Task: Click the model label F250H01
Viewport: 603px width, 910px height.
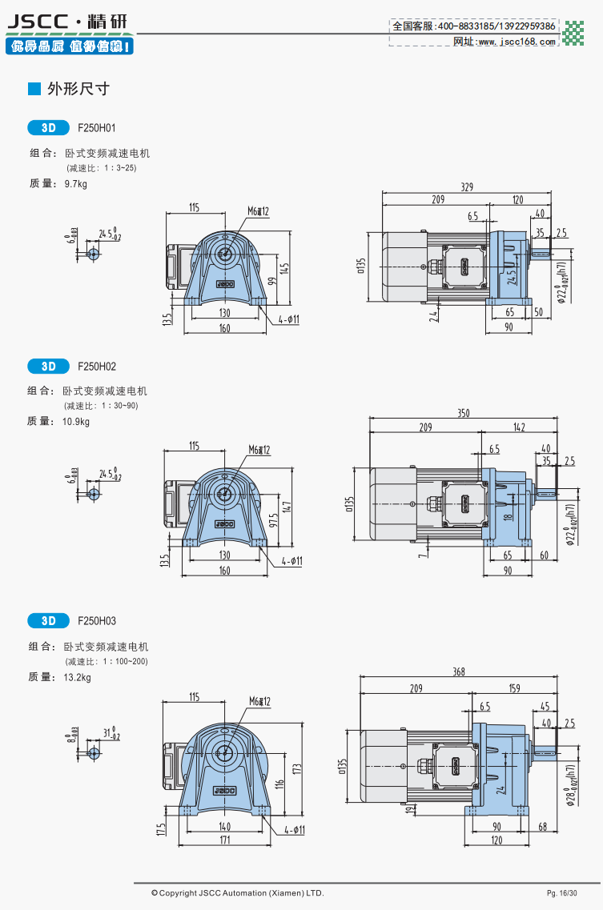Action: click(97, 128)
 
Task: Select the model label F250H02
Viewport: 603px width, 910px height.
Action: click(97, 367)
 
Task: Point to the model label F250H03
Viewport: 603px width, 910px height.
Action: click(97, 621)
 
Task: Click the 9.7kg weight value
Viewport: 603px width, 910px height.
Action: click(75, 184)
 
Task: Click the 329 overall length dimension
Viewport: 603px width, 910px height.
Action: click(467, 187)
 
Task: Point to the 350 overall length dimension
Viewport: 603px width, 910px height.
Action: click(464, 413)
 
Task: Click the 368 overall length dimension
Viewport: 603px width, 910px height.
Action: click(458, 672)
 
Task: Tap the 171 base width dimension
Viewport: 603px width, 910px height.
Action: click(225, 840)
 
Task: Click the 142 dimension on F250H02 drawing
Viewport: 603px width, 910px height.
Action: click(519, 428)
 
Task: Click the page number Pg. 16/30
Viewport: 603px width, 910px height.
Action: click(562, 892)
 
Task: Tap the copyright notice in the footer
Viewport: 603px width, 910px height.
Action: click(238, 892)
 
